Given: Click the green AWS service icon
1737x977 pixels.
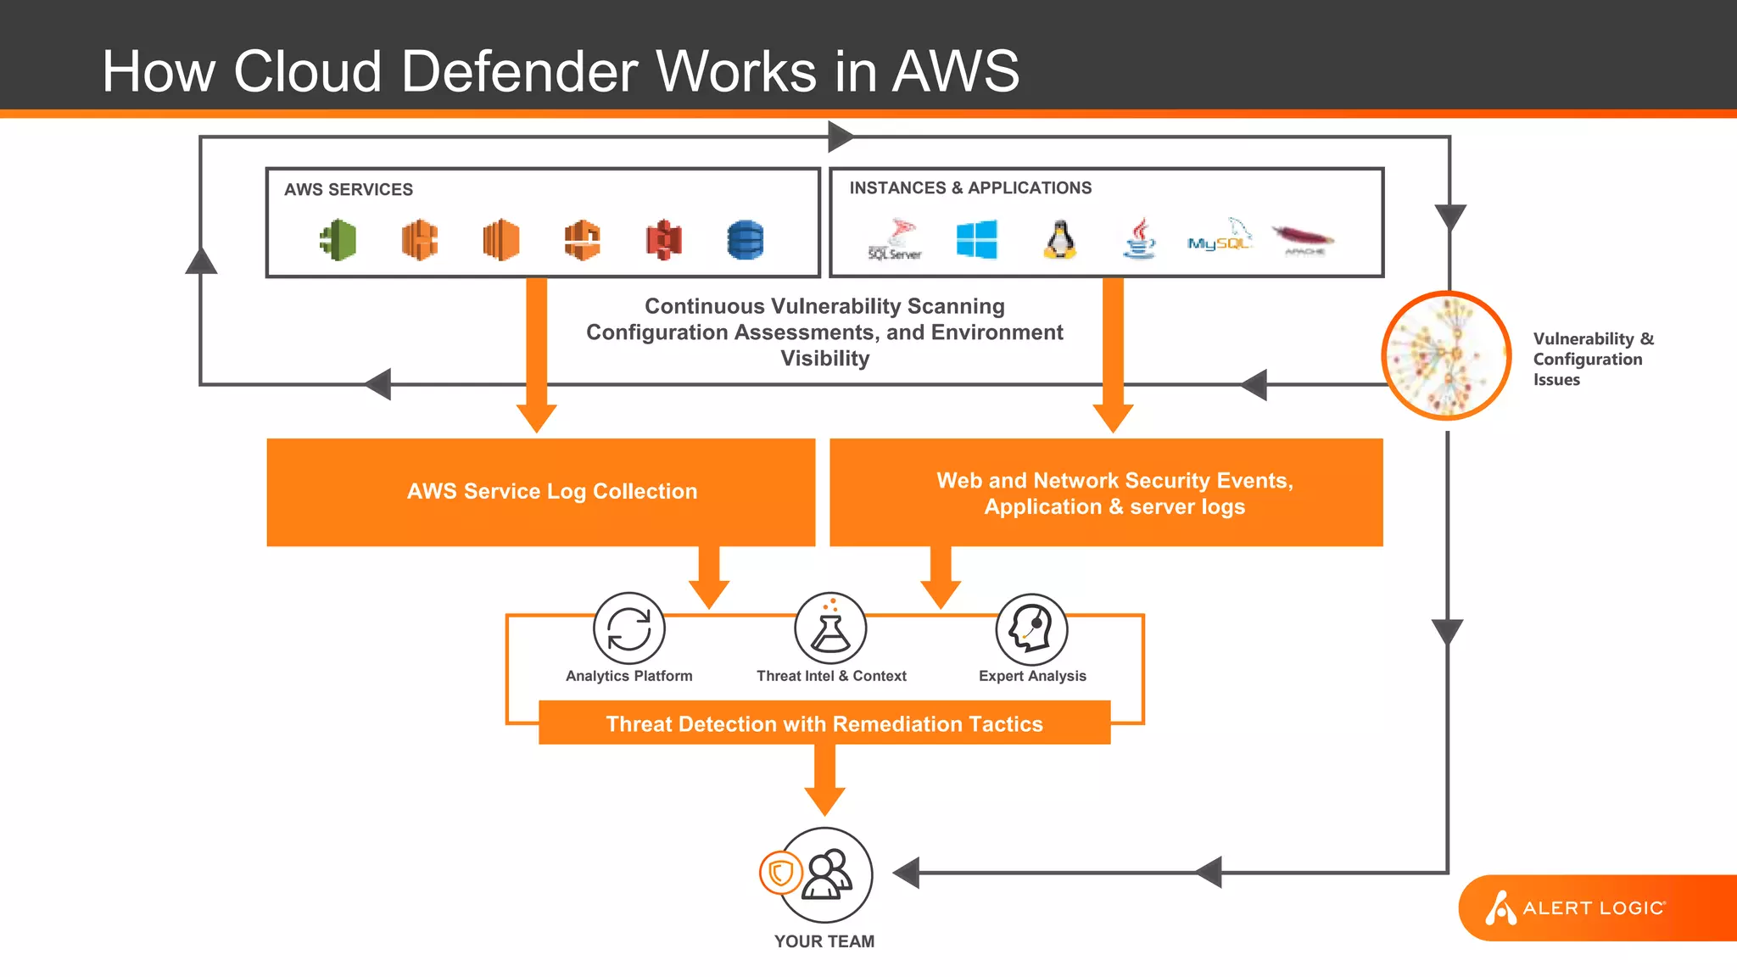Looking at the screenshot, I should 338,240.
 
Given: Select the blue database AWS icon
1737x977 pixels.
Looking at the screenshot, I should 745,240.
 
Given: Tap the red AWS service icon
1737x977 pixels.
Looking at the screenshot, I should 663,240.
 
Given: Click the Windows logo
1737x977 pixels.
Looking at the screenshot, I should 976,239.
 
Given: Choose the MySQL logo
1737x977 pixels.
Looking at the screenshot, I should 1220,237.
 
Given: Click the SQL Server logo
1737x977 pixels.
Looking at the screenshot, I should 896,240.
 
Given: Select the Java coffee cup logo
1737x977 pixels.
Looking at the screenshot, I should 1140,238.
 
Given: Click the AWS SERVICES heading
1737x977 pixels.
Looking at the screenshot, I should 349,190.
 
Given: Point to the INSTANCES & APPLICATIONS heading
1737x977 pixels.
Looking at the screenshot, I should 970,188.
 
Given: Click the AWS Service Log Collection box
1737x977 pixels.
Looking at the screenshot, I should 541,492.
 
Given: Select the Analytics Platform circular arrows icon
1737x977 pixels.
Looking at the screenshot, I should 628,629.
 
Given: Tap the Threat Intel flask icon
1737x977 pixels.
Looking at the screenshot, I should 830,629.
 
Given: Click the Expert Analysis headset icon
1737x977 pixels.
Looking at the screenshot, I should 1031,629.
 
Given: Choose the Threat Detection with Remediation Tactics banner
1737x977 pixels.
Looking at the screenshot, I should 824,723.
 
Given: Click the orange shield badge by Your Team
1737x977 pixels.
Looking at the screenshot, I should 780,873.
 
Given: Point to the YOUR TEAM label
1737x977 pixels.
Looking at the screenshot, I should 824,941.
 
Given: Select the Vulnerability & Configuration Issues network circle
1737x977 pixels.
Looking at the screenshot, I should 1446,355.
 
